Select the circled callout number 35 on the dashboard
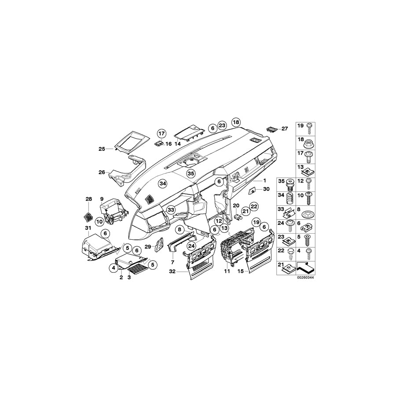(x=191, y=174)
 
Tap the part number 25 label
(x=102, y=149)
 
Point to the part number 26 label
(x=102, y=172)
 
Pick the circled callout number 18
(x=236, y=122)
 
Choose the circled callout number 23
(x=222, y=125)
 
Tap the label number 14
(x=178, y=144)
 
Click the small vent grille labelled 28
(x=88, y=216)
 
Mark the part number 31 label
(x=87, y=227)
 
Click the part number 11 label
(x=227, y=272)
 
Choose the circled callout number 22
(x=254, y=205)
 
